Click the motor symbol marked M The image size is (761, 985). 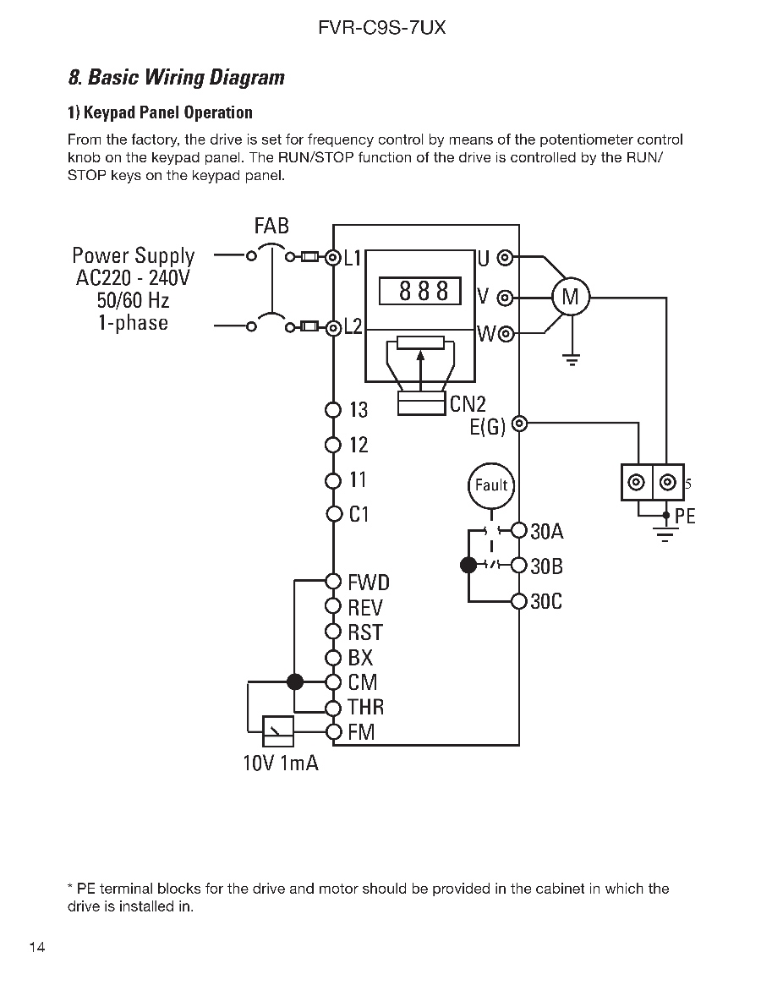tap(571, 297)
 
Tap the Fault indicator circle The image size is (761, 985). tap(491, 485)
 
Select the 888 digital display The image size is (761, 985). tap(419, 292)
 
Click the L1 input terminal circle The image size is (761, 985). tap(333, 257)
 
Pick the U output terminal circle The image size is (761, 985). tap(506, 258)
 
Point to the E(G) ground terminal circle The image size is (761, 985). tap(520, 424)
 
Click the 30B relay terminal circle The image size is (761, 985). tap(519, 566)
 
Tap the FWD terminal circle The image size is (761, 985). tap(333, 582)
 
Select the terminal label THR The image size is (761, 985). tap(366, 708)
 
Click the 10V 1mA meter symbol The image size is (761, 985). tap(277, 731)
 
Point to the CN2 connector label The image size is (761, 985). tap(468, 404)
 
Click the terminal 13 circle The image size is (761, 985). tap(333, 410)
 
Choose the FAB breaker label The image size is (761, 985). tap(271, 226)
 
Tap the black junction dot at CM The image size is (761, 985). tap(295, 681)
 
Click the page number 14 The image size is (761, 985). tap(37, 947)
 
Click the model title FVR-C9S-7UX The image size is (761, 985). tap(382, 28)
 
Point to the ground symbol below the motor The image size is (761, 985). tap(572, 359)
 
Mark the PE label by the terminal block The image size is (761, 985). tap(685, 517)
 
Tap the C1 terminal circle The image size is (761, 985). tap(333, 515)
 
